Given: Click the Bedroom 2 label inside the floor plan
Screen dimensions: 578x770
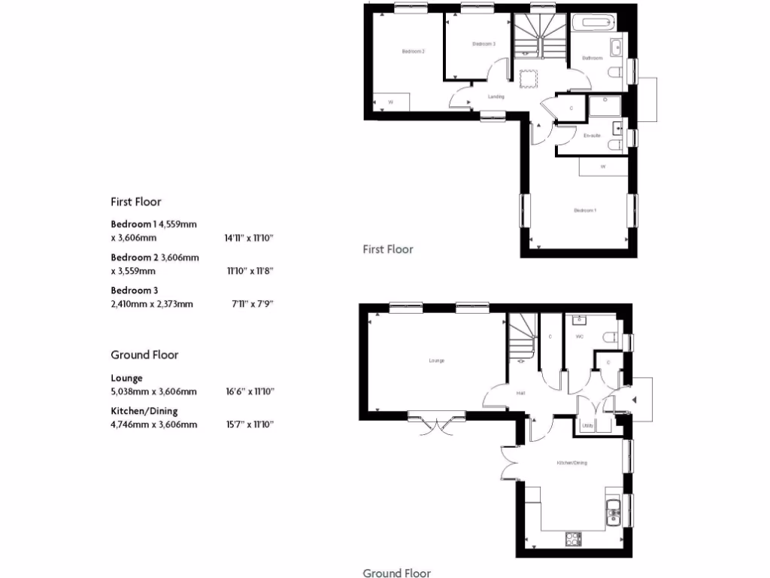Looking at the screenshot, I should tap(413, 51).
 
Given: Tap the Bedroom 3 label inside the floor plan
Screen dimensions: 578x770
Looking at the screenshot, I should tap(484, 44).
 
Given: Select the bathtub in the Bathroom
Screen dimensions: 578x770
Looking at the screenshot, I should tap(593, 23).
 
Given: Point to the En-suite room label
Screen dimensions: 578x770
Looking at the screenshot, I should tap(592, 135).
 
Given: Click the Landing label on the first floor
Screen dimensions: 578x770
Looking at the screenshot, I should tap(496, 96).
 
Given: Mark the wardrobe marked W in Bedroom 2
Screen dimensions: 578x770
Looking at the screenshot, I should tap(391, 102).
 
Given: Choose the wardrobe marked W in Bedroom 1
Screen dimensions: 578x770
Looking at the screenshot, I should tap(603, 166).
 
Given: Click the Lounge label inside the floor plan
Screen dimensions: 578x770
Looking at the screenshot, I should tap(437, 360).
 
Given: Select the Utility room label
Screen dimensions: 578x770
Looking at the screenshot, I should tap(587, 427).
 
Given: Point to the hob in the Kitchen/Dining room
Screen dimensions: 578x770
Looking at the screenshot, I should tap(573, 539).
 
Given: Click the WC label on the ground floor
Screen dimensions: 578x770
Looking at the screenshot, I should tap(579, 336).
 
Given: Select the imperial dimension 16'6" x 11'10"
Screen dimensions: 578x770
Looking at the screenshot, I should tap(249, 391).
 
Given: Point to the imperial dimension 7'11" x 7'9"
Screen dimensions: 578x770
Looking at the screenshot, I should tap(251, 304).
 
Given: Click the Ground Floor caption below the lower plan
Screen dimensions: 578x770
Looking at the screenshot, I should tap(397, 573).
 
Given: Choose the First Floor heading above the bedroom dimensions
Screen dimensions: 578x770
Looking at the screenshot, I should tap(136, 202).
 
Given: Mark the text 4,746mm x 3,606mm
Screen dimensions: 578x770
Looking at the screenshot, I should tap(154, 424).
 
